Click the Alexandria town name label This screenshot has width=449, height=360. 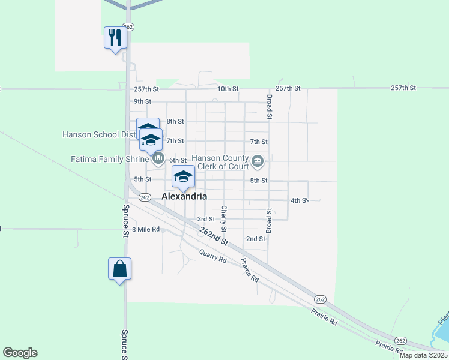pos(185,196)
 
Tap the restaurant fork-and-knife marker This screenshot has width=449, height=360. pos(114,38)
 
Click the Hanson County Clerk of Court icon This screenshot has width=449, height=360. pos(258,161)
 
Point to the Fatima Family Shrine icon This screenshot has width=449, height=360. pos(158,158)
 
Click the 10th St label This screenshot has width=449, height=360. pos(228,88)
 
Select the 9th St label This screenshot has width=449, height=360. pos(142,101)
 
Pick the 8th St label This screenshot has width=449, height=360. pos(175,121)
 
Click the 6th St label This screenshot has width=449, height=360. pos(178,160)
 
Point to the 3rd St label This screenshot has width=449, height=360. pos(206,219)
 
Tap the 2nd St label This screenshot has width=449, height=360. pos(256,239)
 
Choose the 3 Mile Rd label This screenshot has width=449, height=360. pos(146,229)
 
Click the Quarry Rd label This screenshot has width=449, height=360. pos(213,256)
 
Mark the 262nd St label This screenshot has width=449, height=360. pos(214,234)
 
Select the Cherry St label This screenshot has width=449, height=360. pos(223,219)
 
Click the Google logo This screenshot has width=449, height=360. pos(20,353)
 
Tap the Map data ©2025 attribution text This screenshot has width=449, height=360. pos(424,355)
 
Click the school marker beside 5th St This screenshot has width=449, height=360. pos(184,176)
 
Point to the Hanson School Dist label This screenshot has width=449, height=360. pos(99,134)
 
